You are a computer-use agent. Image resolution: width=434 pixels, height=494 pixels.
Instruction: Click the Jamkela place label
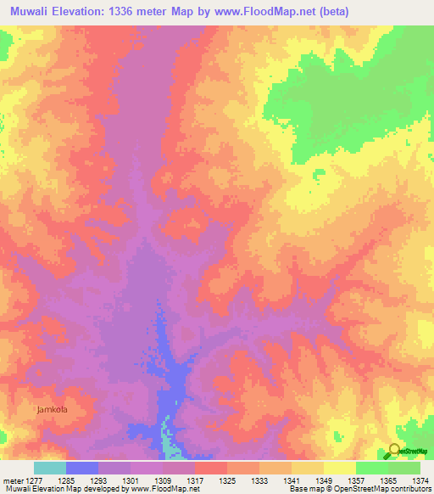click(52, 409)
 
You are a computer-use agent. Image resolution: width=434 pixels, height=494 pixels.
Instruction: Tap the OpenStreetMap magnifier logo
click(395, 450)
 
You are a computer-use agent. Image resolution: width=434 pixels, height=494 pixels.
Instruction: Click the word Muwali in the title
click(26, 11)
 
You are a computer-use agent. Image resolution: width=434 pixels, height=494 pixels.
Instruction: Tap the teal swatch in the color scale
click(50, 468)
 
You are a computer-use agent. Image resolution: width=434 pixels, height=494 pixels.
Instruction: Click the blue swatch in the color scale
click(82, 468)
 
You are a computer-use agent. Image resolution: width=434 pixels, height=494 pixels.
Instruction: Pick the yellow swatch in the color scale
click(340, 468)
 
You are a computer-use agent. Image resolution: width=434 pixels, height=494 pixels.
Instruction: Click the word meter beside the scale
click(12, 480)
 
